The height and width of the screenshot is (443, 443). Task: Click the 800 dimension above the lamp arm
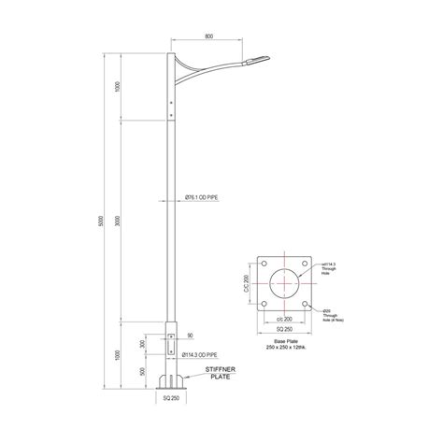207,36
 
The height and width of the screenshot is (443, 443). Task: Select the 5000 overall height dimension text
103,224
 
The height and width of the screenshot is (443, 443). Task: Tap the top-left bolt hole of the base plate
264,262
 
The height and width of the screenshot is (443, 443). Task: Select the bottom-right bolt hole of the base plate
304,302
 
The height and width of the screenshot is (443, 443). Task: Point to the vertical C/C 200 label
247,281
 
